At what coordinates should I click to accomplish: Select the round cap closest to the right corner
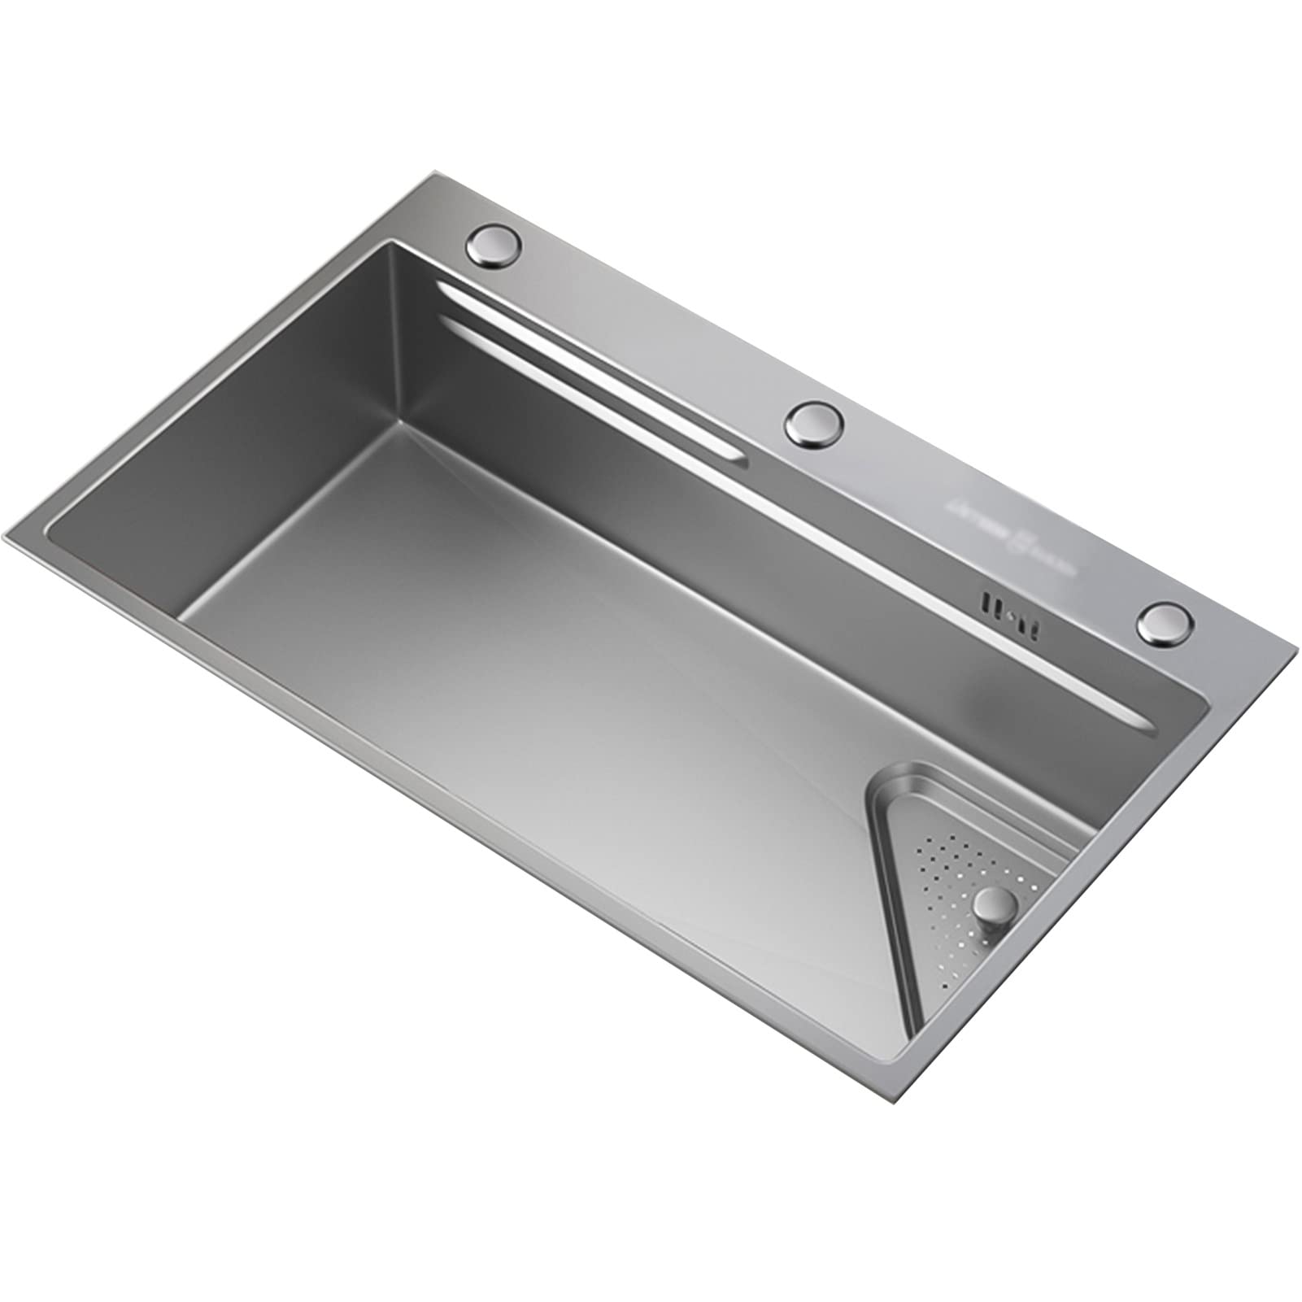pyautogui.click(x=1166, y=624)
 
